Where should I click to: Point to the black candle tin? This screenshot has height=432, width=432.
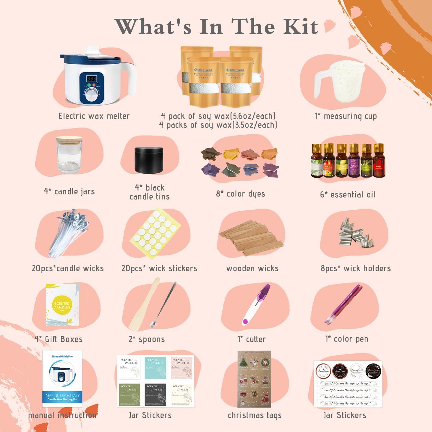(149, 160)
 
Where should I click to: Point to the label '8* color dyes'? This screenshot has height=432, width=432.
(240, 194)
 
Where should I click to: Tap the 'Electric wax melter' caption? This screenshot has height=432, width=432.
(94, 116)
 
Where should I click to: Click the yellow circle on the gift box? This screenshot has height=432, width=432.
(62, 305)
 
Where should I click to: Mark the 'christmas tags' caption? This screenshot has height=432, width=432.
(255, 415)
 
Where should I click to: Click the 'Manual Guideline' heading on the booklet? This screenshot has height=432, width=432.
(62, 357)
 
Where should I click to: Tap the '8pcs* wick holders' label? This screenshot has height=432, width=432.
(356, 268)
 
